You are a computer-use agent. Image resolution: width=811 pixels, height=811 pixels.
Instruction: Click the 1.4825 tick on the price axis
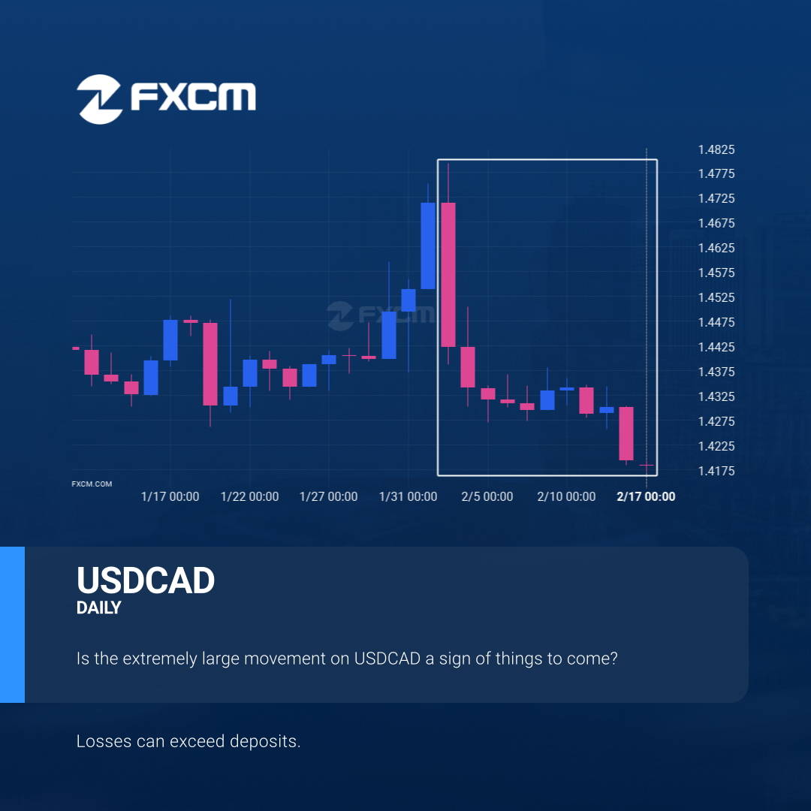click(716, 149)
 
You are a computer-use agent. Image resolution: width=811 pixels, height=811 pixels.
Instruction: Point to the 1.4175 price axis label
click(716, 471)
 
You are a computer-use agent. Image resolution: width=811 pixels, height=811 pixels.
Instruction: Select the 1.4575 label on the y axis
click(716, 273)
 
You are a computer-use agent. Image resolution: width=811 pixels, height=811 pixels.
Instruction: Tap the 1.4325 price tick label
click(716, 396)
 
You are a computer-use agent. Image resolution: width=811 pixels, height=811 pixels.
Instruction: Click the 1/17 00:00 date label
click(170, 496)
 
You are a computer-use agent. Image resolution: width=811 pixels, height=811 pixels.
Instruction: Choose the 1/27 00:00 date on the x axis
click(328, 496)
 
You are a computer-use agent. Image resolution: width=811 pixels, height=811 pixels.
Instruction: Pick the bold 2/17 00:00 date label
click(646, 496)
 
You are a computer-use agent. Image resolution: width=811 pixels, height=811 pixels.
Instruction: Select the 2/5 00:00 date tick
click(487, 496)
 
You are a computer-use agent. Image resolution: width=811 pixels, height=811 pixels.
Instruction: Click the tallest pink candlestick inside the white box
click(448, 275)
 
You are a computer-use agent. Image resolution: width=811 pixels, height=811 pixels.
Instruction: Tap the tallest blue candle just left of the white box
click(428, 246)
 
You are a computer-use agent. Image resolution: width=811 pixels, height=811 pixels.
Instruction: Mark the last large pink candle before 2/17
click(626, 433)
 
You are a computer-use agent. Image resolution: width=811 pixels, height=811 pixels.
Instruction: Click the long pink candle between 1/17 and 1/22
click(210, 364)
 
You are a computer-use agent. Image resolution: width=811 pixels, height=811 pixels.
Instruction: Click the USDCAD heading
click(146, 580)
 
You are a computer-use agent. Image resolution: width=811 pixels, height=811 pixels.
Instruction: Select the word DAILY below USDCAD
click(99, 607)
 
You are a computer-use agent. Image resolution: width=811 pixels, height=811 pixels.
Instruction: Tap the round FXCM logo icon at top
click(99, 99)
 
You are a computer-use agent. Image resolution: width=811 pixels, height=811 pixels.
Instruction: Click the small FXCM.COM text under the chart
click(92, 484)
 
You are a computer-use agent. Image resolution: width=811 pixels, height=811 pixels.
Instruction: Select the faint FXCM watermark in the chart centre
click(381, 315)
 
